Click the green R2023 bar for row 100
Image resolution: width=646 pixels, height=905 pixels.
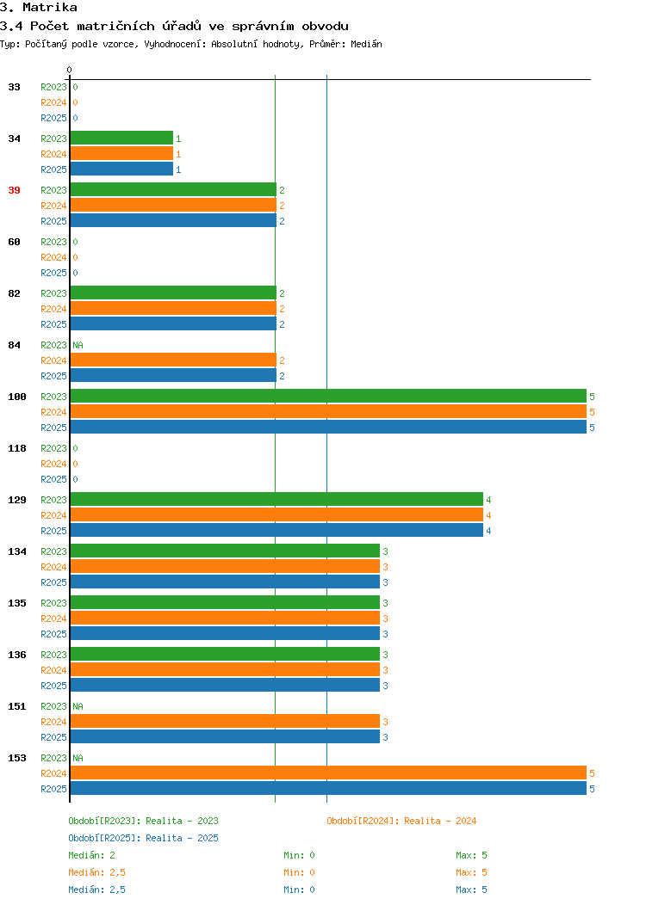pos(328,396)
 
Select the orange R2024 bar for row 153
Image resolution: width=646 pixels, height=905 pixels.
pos(328,773)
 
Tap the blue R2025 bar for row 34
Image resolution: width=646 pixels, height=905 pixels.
pos(122,169)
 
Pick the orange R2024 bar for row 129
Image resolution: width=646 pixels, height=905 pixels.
pos(276,514)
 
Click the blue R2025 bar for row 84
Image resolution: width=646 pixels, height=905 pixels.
pos(173,376)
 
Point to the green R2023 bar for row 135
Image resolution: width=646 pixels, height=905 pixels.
pos(226,602)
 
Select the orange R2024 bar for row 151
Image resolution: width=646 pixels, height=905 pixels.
pos(226,722)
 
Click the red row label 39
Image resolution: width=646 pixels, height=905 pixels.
pos(15,190)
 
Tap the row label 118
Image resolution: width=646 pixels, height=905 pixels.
pos(17,448)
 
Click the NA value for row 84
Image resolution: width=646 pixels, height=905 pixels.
pos(78,345)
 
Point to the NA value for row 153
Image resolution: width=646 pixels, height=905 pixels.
pos(78,758)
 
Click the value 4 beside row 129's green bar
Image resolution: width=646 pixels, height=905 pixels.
pos(489,500)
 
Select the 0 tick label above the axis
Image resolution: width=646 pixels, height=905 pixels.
pos(70,70)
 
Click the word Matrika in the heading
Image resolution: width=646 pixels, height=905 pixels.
pos(50,8)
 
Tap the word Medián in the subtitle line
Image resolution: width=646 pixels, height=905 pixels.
pos(366,44)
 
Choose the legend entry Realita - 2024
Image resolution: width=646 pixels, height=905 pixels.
pos(440,821)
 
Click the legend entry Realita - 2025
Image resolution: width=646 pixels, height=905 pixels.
pos(182,838)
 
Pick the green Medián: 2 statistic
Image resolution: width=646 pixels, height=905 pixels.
pos(92,855)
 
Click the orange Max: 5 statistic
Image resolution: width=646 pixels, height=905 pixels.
pos(471,872)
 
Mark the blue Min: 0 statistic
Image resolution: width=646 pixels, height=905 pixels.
pos(299,890)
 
